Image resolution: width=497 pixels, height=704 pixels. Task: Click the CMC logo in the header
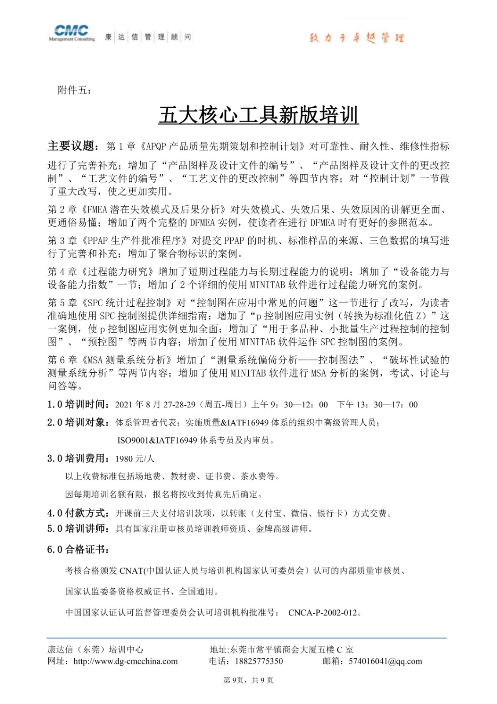[x=72, y=33]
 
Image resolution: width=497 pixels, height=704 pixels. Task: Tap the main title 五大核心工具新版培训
[x=258, y=115]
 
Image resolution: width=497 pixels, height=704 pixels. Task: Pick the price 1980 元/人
[x=135, y=459]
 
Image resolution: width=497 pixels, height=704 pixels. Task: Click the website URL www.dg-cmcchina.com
[x=126, y=661]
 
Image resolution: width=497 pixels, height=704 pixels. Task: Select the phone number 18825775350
[x=259, y=661]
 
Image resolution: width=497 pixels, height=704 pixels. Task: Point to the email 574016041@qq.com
[x=385, y=661]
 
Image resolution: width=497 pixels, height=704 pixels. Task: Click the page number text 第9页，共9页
[x=248, y=680]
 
